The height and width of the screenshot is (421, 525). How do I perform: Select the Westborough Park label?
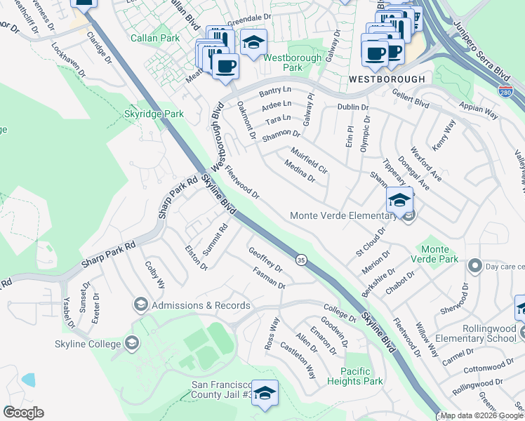coord(293,62)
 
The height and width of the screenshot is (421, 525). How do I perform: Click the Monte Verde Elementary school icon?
coord(399,201)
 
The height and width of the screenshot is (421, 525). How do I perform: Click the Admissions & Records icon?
coord(140,305)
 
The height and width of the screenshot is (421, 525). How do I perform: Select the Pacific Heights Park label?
coord(361,376)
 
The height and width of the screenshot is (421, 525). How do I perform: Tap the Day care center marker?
coord(474,267)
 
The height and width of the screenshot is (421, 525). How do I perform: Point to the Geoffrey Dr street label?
coord(265,258)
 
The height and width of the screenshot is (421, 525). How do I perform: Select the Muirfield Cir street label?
coord(308,160)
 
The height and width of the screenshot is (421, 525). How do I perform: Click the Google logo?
coord(24,413)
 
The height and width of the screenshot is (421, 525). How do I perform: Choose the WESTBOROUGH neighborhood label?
coord(386,79)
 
